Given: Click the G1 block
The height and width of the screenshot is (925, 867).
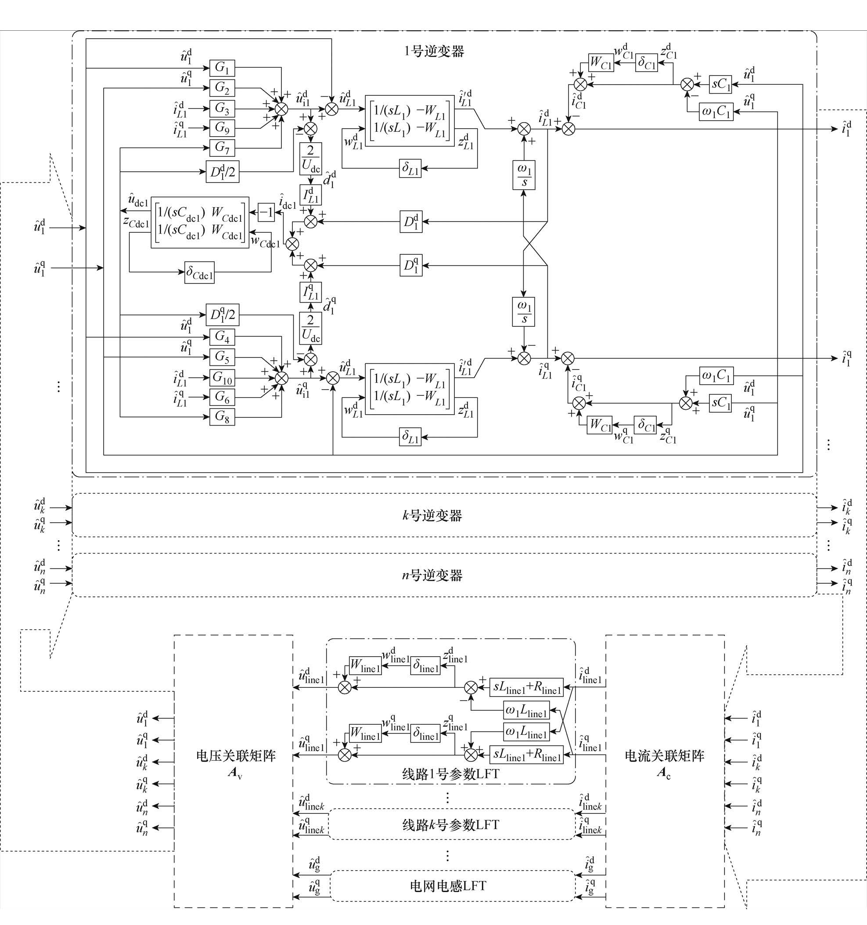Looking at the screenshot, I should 222,68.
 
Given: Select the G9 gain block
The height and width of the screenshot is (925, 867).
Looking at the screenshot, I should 222,127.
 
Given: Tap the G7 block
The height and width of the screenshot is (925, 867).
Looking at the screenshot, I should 222,148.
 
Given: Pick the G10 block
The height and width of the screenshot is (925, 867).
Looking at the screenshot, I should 222,377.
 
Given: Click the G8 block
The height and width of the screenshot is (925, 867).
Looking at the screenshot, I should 222,416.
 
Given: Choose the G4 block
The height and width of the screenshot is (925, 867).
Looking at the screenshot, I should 222,336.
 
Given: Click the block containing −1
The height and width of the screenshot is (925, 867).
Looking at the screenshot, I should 266,213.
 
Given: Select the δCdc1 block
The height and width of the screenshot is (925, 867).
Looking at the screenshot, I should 200,273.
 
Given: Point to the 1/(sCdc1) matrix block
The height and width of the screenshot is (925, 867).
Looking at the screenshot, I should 200,222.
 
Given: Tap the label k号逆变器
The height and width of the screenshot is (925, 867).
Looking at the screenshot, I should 432,516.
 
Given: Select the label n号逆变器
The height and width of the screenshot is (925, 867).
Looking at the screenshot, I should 432,575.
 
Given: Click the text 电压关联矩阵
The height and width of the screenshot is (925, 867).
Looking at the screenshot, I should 236,756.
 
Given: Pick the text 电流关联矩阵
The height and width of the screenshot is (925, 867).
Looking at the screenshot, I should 664,756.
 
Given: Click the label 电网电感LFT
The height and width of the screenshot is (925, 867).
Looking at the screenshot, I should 448,885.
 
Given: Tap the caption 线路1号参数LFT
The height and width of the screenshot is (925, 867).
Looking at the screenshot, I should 450,774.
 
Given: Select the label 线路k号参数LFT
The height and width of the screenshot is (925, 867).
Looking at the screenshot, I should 450,825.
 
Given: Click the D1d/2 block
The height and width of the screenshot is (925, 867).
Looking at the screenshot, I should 223,173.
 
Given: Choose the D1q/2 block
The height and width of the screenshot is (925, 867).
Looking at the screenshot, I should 223,315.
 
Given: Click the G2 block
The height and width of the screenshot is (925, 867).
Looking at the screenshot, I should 222,87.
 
